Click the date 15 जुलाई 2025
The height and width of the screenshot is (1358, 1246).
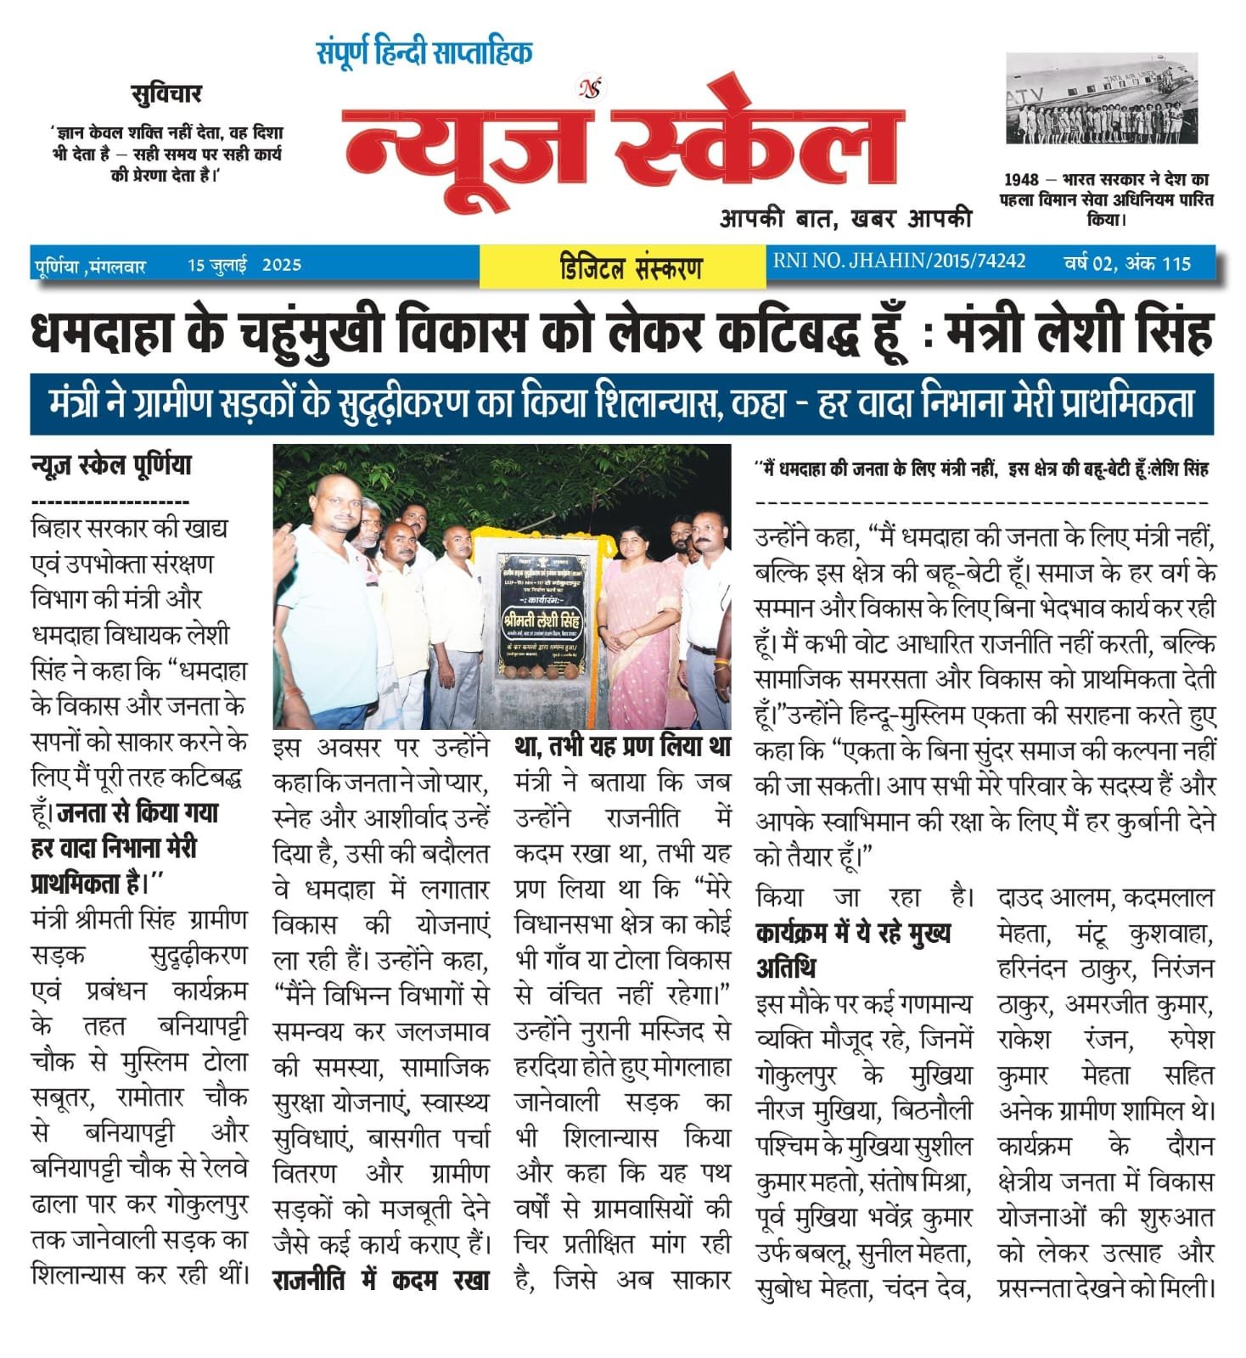pos(244,266)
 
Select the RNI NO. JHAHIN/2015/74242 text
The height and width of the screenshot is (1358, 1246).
pos(899,261)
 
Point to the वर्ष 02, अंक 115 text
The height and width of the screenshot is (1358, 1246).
pos(1127,263)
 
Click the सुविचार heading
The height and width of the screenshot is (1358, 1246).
pos(166,93)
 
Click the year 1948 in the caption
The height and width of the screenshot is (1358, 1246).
pos(1021,180)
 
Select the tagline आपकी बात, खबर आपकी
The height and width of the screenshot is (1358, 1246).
pos(845,218)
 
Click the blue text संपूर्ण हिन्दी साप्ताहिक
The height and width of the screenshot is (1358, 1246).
pos(424,53)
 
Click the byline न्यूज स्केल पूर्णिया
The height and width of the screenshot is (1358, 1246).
pos(111,466)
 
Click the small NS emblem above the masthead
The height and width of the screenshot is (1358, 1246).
pos(588,87)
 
